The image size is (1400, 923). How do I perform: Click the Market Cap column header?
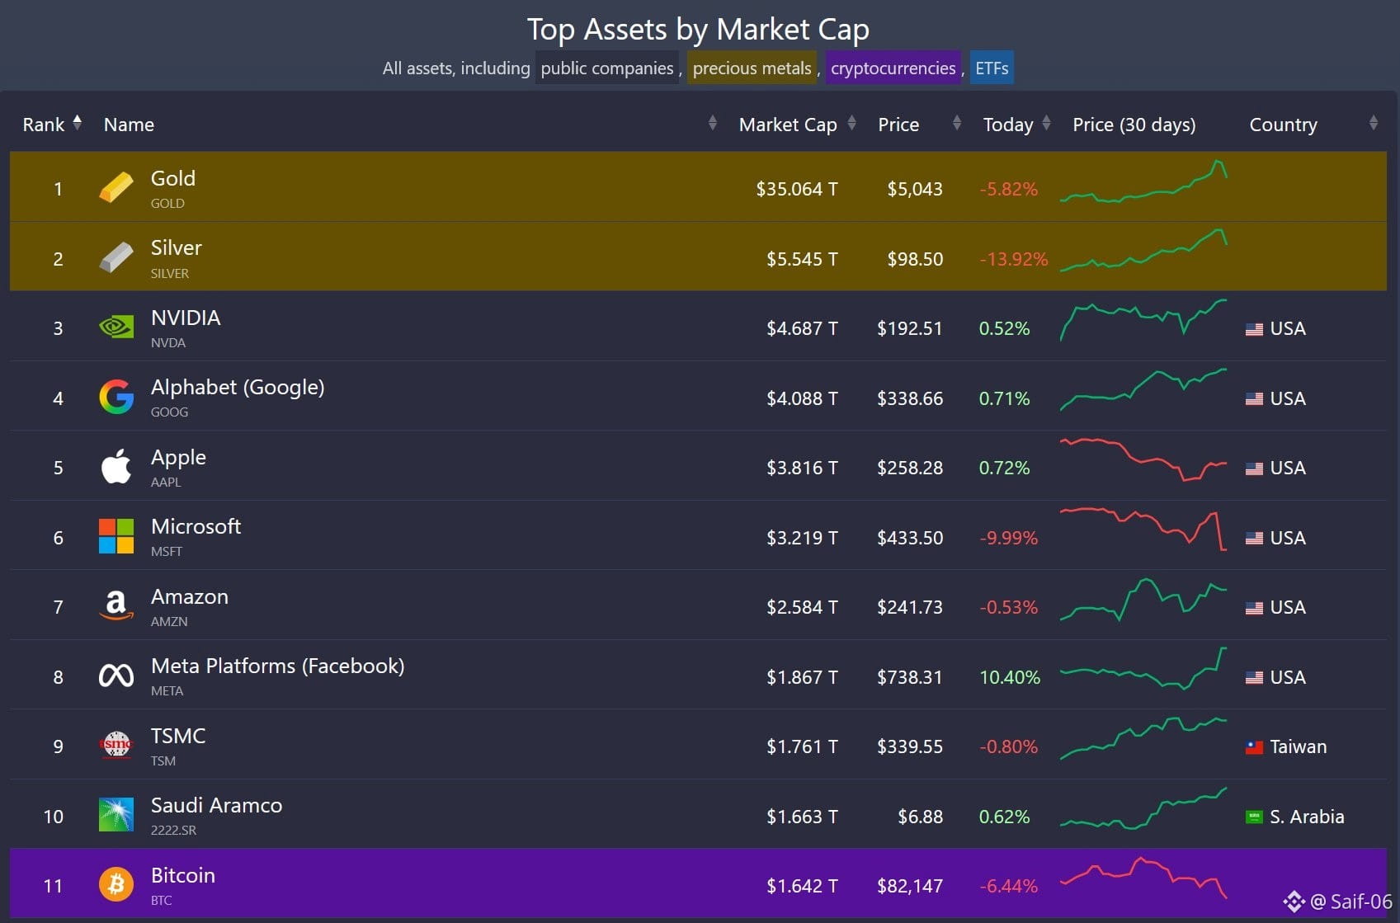tap(787, 125)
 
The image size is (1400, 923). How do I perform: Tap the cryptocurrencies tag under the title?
tap(893, 68)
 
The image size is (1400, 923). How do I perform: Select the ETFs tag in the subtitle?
tap(991, 68)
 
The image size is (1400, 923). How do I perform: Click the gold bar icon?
tap(116, 187)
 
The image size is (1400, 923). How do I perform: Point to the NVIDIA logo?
tap(116, 327)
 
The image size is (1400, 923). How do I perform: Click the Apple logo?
tap(116, 467)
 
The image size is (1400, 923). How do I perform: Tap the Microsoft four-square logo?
tap(116, 537)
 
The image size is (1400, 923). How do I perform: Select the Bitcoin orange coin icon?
tap(116, 885)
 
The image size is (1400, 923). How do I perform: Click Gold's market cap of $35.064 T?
tap(796, 189)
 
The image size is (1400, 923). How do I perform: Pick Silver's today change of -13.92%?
tap(1013, 259)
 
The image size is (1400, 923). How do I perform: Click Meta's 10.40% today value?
tap(1009, 677)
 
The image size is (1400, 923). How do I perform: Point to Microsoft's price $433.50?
tap(909, 538)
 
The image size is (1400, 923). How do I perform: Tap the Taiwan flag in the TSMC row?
tap(1254, 747)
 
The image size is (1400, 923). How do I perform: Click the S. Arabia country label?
tap(1307, 817)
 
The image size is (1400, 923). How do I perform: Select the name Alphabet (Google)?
tap(238, 387)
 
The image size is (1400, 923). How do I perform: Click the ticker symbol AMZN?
tap(169, 621)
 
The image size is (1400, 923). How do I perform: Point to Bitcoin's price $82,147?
tap(909, 886)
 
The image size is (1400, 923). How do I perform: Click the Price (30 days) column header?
tap(1134, 125)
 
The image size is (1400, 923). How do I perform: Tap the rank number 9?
tap(58, 746)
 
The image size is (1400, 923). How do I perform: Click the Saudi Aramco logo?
tap(116, 815)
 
